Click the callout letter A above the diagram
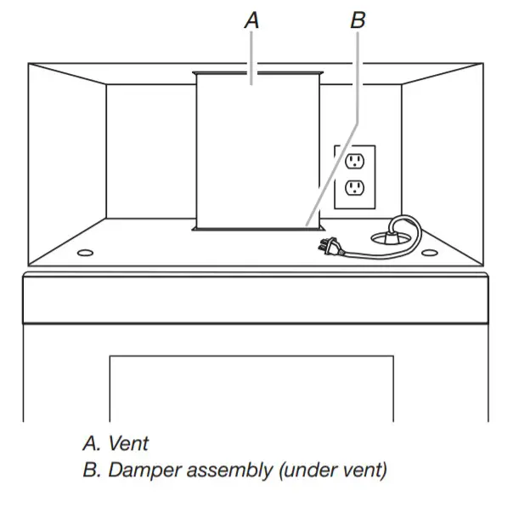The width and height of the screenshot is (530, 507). (x=252, y=20)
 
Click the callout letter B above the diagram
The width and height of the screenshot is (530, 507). (x=358, y=20)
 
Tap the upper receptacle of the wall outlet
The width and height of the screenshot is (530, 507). (x=354, y=161)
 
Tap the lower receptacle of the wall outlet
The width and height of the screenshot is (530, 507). (x=354, y=189)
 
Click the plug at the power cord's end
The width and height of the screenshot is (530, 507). (x=326, y=248)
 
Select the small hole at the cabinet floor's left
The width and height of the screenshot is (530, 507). (x=86, y=253)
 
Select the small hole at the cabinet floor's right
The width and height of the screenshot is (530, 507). (x=430, y=253)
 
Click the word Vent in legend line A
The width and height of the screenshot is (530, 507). (x=129, y=443)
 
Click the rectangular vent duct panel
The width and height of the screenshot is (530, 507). (x=258, y=153)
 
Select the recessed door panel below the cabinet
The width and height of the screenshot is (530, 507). (x=251, y=388)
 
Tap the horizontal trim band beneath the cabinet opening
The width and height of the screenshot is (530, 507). (x=256, y=298)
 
